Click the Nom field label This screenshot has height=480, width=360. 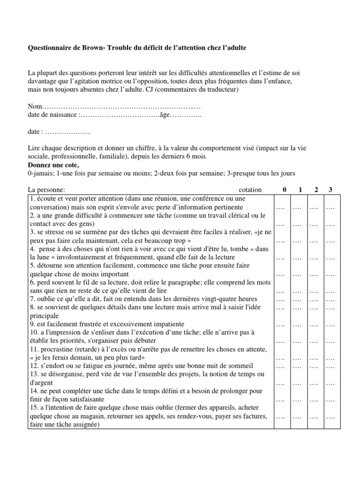tap(35, 107)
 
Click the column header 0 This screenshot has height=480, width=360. tap(283, 190)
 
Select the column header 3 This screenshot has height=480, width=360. tap(330, 190)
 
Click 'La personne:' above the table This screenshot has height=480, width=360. tap(46, 190)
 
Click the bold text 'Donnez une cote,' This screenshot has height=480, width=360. tap(53, 165)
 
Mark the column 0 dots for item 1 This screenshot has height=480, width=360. tap(281, 208)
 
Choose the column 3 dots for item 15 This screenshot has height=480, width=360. tap(330, 417)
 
